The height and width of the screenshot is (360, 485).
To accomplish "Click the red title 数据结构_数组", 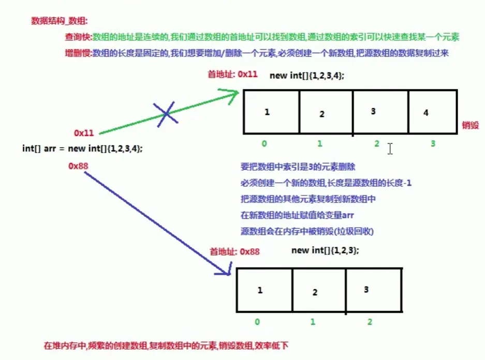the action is point(59,21).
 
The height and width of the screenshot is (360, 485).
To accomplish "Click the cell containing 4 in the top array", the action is point(432,113).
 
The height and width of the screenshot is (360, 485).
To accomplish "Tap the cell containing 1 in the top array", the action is point(271,113).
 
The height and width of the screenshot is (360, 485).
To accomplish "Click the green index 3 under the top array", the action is point(433,144).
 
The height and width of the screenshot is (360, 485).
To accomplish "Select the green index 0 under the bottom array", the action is point(257,322).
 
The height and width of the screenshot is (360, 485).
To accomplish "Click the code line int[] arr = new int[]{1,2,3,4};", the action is point(83,148).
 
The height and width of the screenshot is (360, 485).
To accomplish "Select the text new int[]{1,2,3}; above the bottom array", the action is point(325,250).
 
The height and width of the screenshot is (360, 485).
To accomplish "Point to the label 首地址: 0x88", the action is point(234,251).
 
